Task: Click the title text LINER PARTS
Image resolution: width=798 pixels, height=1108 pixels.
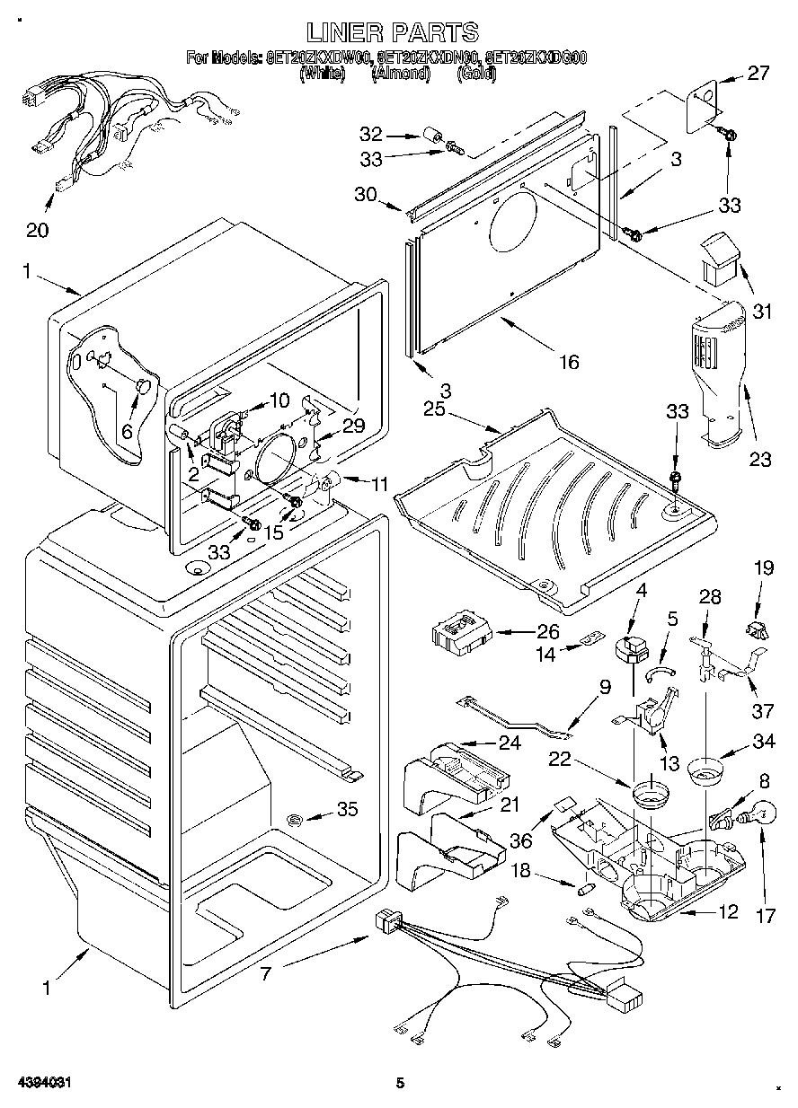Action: [393, 32]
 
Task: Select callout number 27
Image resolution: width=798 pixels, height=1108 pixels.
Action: [758, 74]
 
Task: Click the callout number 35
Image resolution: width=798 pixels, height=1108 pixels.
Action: [347, 810]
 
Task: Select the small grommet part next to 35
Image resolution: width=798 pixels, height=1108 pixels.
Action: [295, 818]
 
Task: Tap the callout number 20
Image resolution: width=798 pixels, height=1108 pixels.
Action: [37, 230]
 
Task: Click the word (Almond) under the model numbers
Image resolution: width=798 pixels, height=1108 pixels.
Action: [401, 75]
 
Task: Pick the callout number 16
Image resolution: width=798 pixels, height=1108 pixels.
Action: [568, 362]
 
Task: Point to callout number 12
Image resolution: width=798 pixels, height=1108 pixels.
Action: [727, 912]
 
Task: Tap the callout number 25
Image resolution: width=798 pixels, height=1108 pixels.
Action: [434, 409]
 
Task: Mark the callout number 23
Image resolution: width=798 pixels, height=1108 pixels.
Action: [760, 459]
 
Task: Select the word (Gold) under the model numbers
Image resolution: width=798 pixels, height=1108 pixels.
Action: [476, 75]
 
